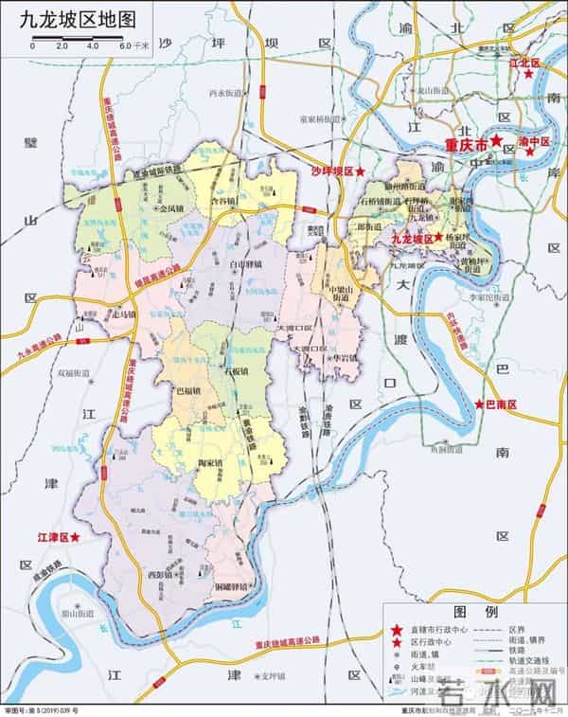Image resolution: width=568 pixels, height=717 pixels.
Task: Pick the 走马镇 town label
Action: point(124,314)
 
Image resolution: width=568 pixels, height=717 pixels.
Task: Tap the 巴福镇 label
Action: point(189,390)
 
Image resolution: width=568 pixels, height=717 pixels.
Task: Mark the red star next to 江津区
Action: point(76,537)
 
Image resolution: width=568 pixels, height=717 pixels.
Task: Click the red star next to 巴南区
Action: point(479,404)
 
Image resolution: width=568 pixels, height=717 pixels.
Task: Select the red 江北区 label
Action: point(524,63)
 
